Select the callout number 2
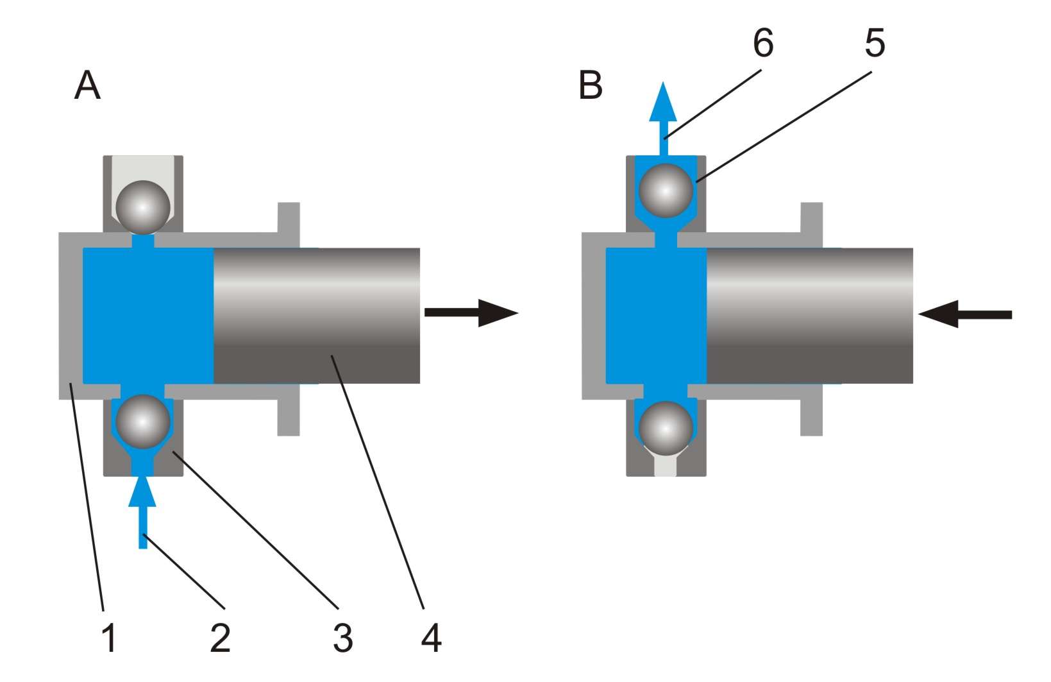pos(220,638)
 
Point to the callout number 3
pos(343,638)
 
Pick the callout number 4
pos(431,638)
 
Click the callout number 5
pos(875,43)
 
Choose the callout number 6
pos(763,43)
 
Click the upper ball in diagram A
pos(143,207)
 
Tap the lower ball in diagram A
pos(143,422)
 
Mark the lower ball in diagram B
pos(666,428)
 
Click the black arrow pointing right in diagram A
pos(471,312)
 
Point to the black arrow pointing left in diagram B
pos(964,314)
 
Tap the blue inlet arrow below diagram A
pos(142,511)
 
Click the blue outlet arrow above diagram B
pos(663,118)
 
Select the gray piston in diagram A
pos(317,316)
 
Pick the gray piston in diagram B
pos(810,316)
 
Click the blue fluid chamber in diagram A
pos(148,316)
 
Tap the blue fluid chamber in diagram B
pos(657,316)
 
